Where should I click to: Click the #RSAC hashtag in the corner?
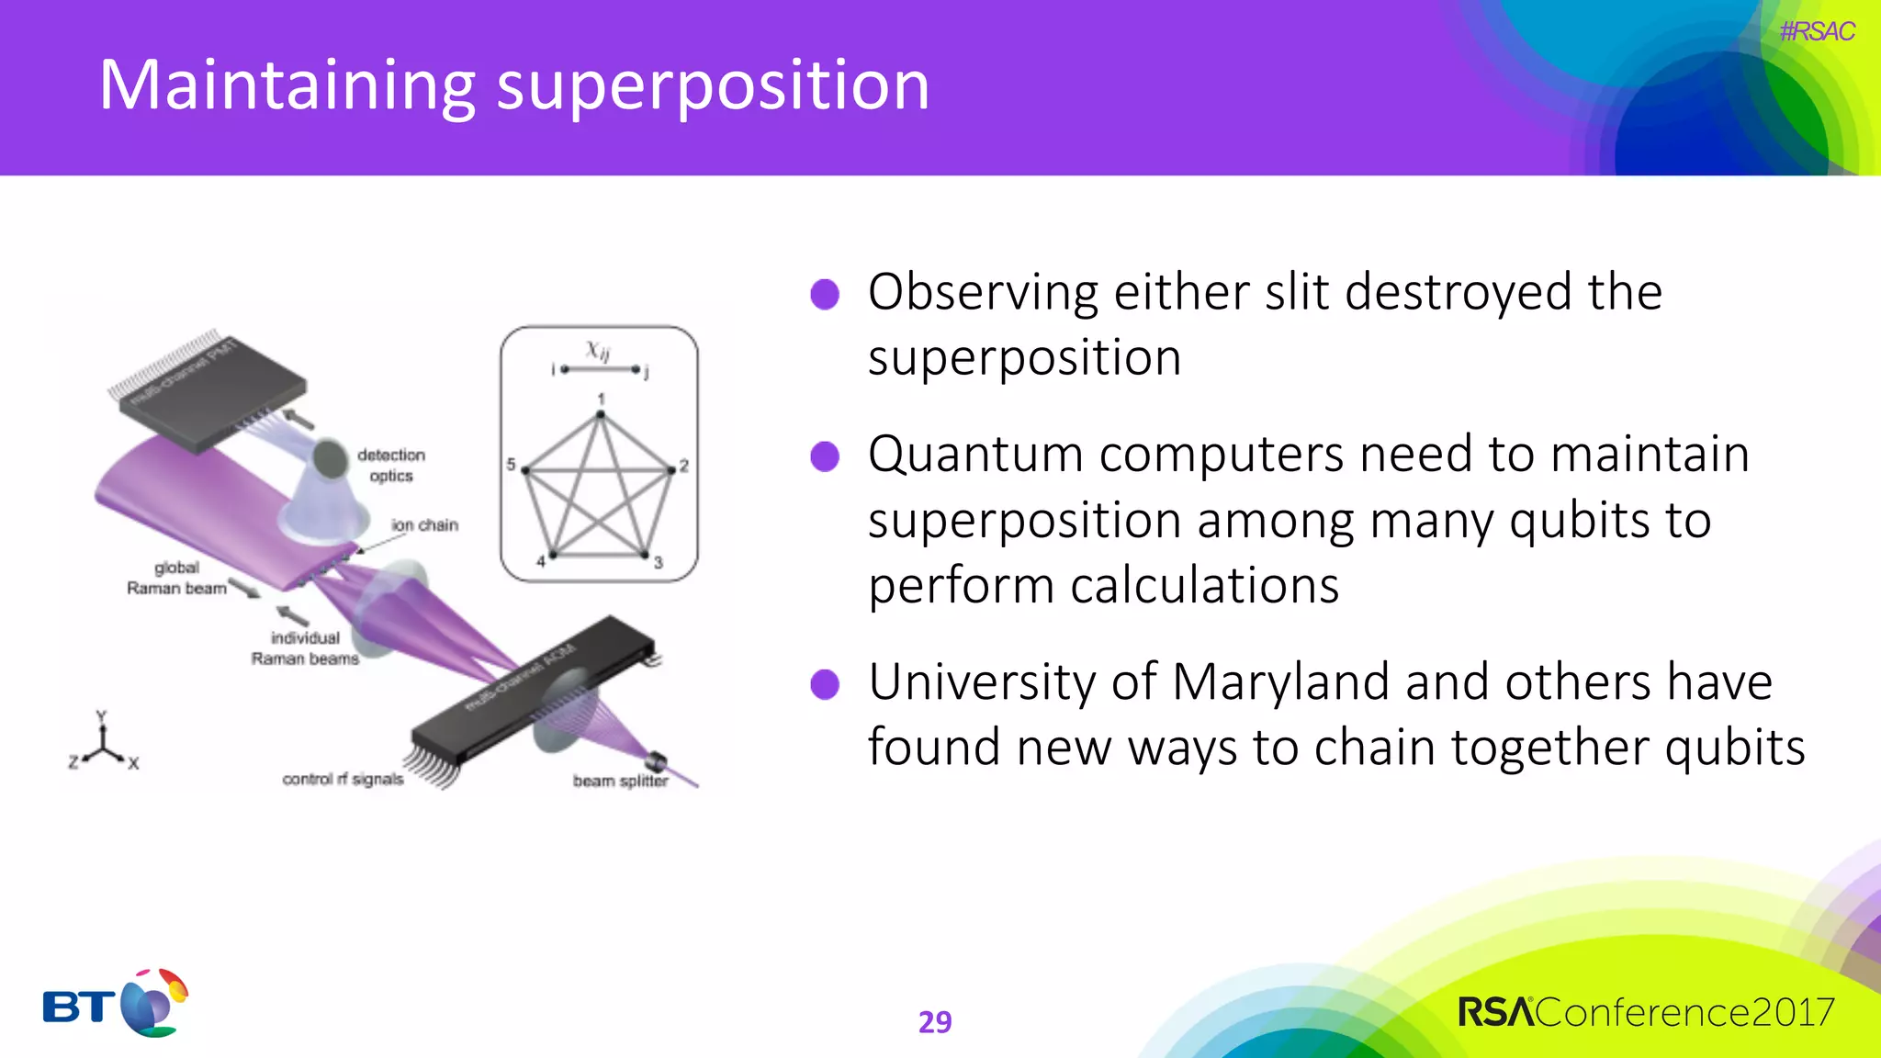pos(1816,31)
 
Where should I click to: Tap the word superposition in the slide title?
pos(713,86)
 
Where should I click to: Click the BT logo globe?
pos(152,1004)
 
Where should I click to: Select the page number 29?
pos(935,1021)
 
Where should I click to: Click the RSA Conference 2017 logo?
pos(1645,1012)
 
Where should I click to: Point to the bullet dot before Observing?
pos(825,295)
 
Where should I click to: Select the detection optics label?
pos(391,465)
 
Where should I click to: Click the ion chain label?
pos(424,525)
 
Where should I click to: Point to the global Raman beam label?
pos(176,578)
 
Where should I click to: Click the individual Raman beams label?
pos(305,647)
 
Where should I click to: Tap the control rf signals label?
pos(343,779)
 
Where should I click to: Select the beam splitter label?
pos(620,781)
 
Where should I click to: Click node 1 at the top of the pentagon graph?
pos(601,414)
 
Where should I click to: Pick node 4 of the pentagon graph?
pos(552,555)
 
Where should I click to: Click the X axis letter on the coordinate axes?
pos(133,763)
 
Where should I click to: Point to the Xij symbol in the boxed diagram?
pos(598,350)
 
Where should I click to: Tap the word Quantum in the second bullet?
pos(975,455)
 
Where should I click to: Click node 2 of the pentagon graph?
pos(671,469)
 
